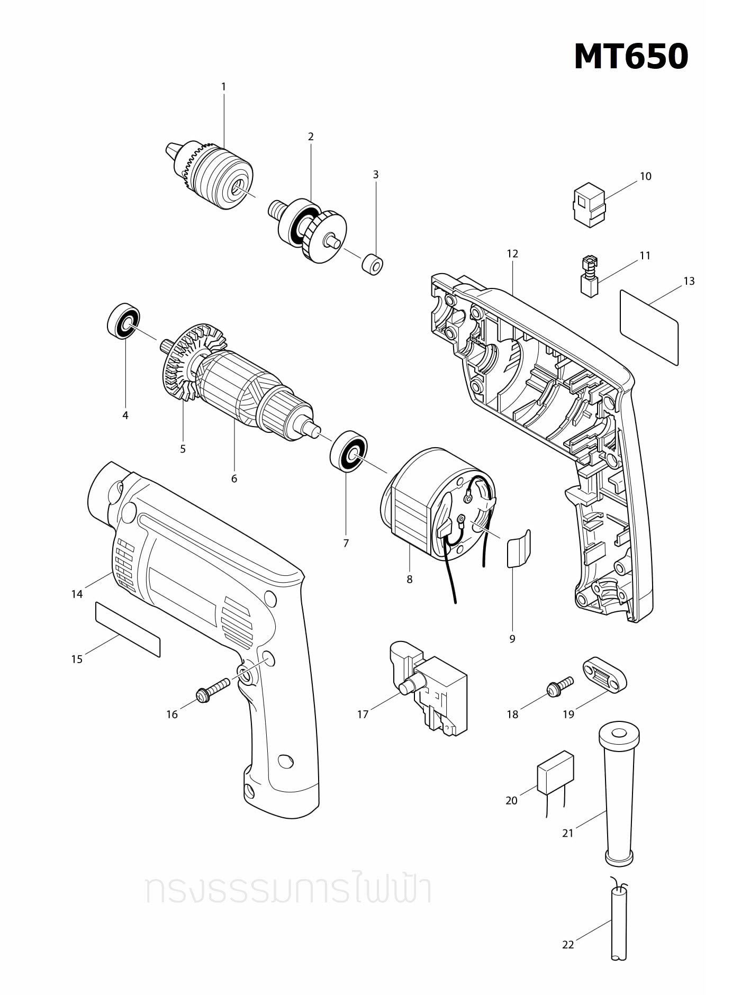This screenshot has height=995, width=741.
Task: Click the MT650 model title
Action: click(x=631, y=57)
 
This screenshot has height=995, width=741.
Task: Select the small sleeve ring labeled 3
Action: click(x=373, y=264)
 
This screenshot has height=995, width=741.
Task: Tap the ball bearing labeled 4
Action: click(x=124, y=321)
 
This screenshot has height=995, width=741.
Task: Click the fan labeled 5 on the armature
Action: click(x=188, y=365)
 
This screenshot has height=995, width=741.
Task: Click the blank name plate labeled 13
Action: click(x=649, y=327)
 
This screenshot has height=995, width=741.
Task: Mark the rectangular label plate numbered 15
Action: click(x=128, y=628)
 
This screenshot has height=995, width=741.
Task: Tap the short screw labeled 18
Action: click(x=559, y=686)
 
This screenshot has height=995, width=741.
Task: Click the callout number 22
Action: click(x=568, y=945)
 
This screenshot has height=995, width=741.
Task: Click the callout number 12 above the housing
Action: click(x=512, y=254)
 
